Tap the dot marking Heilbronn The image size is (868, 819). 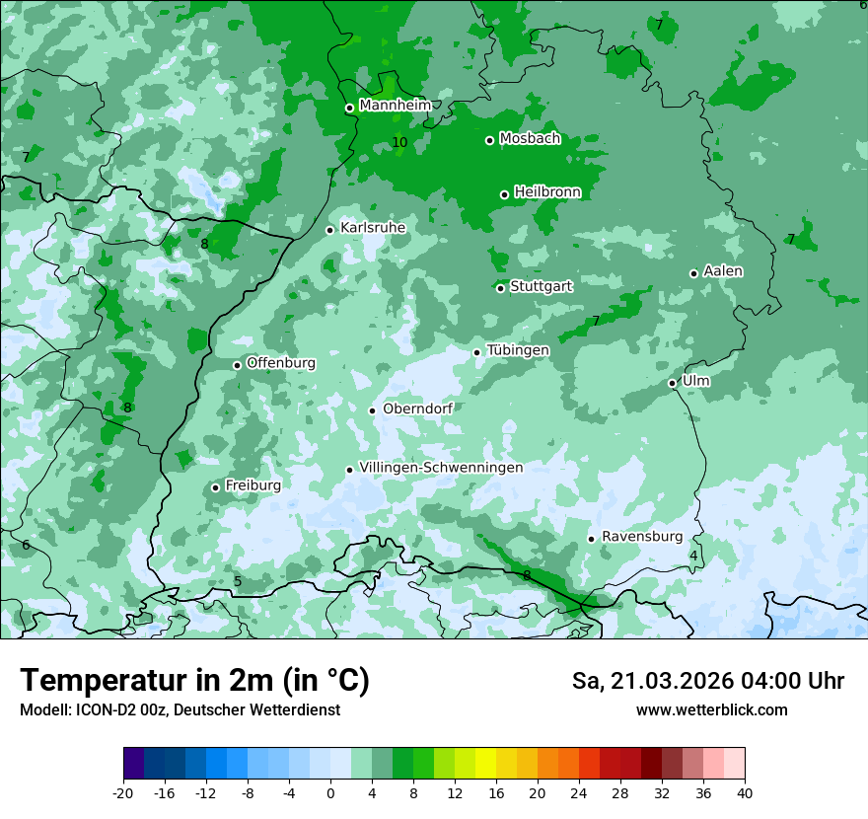[x=504, y=194]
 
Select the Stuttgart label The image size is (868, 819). [x=541, y=286]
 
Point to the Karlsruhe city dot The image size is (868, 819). [x=330, y=230]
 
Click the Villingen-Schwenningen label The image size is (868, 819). [x=441, y=468]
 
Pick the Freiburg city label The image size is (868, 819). [x=253, y=485]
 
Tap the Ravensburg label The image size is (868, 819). [x=641, y=537]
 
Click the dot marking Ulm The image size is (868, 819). [x=672, y=383]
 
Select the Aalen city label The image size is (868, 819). [x=722, y=271]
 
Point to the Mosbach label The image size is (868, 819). [x=530, y=139]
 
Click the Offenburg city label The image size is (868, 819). [x=280, y=363]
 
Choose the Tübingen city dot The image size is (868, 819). [x=476, y=352]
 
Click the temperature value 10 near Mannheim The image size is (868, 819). [x=399, y=143]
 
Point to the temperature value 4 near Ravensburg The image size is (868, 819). [x=693, y=557]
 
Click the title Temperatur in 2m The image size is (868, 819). [x=194, y=681]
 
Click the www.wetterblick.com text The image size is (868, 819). [x=711, y=709]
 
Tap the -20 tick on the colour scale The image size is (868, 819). [x=123, y=793]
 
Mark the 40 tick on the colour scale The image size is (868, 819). [x=744, y=793]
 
